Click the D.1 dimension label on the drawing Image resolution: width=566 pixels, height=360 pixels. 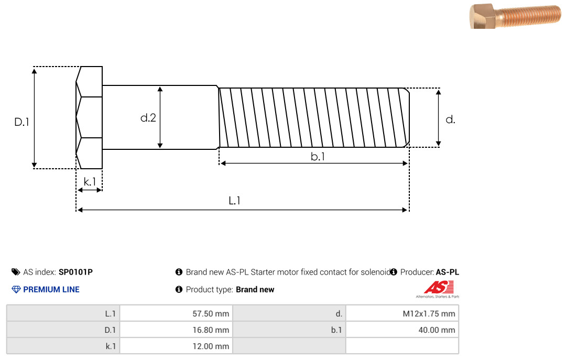click(21, 122)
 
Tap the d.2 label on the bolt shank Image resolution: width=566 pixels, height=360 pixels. click(148, 118)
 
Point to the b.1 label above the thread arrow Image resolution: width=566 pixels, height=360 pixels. click(318, 156)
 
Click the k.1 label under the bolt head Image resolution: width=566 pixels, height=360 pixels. click(90, 182)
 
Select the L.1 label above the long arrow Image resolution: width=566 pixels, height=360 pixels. click(235, 200)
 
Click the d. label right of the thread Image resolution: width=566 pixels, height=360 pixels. click(450, 119)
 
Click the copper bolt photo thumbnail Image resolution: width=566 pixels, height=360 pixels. click(516, 16)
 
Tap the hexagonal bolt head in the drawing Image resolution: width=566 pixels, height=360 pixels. click(89, 117)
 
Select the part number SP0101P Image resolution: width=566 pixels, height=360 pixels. click(75, 272)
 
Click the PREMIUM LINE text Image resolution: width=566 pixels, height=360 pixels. click(51, 290)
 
